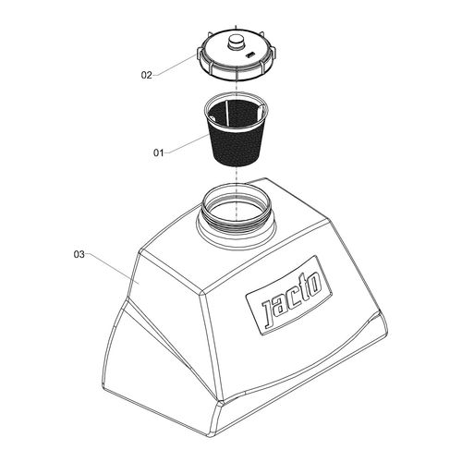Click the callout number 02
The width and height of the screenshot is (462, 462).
click(147, 75)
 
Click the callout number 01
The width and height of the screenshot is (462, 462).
click(158, 152)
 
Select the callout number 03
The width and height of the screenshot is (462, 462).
click(79, 254)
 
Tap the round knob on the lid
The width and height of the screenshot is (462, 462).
click(237, 42)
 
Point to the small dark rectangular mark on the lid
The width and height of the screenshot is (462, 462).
click(249, 55)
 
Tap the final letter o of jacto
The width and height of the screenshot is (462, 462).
click(315, 283)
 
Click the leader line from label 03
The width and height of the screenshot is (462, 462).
click(112, 268)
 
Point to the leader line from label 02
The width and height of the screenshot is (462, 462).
click(175, 65)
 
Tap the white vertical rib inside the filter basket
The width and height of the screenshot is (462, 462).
click(226, 113)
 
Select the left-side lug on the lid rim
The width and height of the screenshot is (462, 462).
click(199, 53)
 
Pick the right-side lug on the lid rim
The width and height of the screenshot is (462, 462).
click(274, 54)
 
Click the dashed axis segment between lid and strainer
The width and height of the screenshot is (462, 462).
click(236, 86)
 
